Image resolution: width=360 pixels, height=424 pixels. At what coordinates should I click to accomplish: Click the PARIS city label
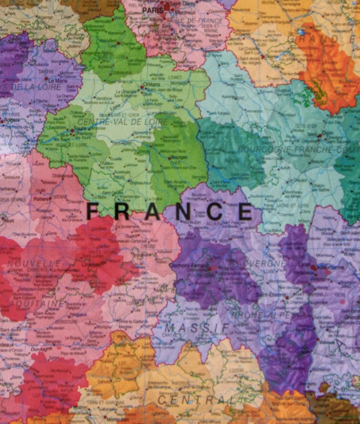point(153,10)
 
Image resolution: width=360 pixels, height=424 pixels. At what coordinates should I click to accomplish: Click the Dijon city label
point(328,133)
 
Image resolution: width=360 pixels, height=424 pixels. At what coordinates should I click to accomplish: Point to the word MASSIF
point(197,328)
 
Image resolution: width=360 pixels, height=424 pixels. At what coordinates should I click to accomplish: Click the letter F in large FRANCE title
point(95,211)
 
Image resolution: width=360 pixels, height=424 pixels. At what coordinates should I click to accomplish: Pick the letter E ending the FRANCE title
point(246,211)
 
